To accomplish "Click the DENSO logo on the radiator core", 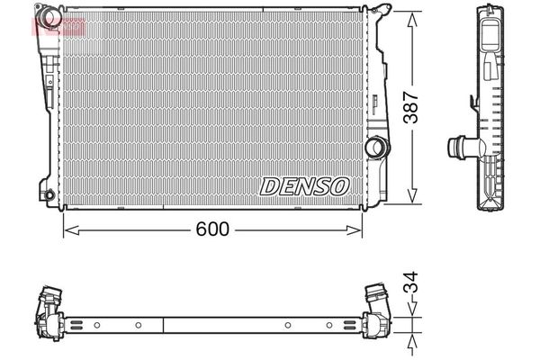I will (x=304, y=185).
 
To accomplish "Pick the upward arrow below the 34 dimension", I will (x=412, y=344).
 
